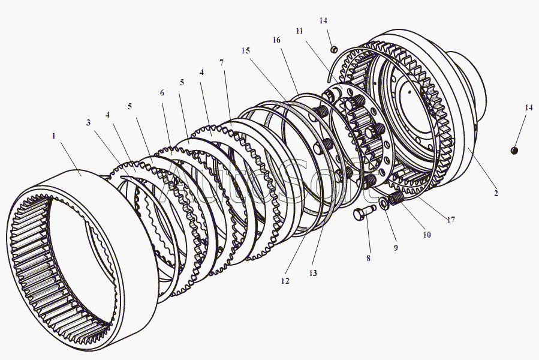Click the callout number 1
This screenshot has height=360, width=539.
53,136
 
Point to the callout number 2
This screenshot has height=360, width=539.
496,193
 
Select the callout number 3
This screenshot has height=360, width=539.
88,122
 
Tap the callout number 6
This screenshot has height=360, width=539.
162,92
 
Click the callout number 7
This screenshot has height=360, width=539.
221,62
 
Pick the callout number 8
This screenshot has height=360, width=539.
368,258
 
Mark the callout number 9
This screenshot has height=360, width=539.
396,247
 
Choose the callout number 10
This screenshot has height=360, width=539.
427,235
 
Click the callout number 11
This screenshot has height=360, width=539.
299,31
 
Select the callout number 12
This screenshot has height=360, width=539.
285,281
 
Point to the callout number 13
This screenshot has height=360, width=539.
313,273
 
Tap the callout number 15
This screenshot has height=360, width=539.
245,50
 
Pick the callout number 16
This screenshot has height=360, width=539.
276,40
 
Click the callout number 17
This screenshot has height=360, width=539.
451,220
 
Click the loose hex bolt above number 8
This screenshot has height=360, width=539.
365,212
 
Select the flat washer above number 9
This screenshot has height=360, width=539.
384,203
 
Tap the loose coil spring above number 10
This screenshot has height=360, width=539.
396,198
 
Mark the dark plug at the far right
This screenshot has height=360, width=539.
514,151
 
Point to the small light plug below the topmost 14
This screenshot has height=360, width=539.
333,49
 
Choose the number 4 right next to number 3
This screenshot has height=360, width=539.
107,115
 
